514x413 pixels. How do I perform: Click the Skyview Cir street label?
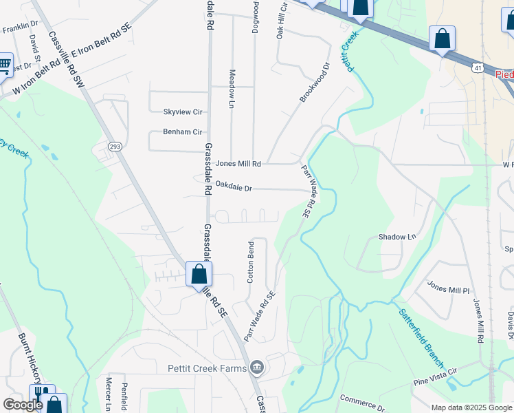182,112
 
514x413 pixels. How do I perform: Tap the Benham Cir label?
182,131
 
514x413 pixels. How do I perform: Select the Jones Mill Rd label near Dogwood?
238,164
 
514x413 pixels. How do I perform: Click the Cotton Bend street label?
251,262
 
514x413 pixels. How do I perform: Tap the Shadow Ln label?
397,237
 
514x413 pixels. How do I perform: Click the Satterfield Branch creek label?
422,337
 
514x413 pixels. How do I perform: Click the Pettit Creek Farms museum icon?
257,368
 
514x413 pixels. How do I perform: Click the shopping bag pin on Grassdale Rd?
199,274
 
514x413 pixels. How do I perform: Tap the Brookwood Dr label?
315,83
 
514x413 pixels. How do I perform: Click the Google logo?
23,405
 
